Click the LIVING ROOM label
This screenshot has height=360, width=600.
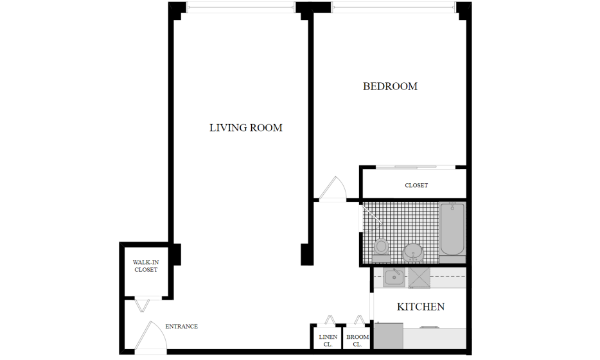click(245, 127)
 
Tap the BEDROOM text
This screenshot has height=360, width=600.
click(390, 86)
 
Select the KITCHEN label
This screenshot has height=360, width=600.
click(421, 307)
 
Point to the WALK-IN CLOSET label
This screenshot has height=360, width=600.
click(146, 265)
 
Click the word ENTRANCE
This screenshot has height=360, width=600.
click(181, 327)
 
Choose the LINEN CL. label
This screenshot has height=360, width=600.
click(328, 341)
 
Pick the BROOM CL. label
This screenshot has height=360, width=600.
click(357, 341)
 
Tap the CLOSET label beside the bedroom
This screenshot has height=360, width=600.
click(416, 185)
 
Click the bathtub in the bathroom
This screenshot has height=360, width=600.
click(452, 229)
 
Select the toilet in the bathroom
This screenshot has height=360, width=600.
click(381, 249)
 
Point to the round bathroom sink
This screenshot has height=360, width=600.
click(413, 253)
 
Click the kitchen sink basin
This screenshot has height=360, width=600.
click(394, 277)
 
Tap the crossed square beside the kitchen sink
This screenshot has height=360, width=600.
click(419, 278)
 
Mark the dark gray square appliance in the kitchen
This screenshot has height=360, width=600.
click(389, 336)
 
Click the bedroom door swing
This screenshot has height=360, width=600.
click(333, 188)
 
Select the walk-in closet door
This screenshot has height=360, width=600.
click(142, 305)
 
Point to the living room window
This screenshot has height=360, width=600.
click(241, 7)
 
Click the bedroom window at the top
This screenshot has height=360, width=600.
click(394, 7)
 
